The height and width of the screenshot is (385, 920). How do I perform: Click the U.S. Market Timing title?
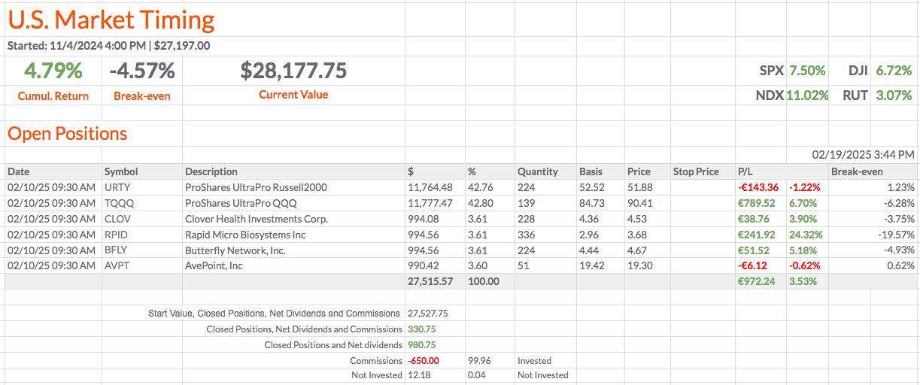tap(111, 20)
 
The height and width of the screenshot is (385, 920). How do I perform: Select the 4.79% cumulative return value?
tap(53, 71)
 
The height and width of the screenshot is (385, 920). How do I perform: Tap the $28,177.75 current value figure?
tap(293, 71)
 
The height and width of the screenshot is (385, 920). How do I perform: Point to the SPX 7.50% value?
tap(806, 71)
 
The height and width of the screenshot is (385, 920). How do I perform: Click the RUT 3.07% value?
tap(894, 95)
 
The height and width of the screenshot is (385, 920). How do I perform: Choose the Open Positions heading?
tap(67, 134)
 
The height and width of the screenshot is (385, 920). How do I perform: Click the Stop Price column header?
tap(696, 171)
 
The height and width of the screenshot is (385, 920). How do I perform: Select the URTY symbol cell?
tap(117, 187)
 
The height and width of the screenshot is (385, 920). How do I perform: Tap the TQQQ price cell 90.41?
tap(639, 203)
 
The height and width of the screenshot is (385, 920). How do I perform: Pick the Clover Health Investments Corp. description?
tap(257, 219)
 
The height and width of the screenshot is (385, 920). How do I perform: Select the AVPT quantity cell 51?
tap(524, 265)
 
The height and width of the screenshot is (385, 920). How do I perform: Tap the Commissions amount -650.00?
tap(424, 361)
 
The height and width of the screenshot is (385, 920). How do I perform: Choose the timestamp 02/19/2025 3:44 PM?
tap(863, 155)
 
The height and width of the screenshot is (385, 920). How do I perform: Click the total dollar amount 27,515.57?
tap(430, 281)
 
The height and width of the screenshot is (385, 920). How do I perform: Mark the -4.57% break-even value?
tap(142, 71)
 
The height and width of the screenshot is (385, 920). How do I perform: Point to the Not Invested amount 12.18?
tap(418, 375)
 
